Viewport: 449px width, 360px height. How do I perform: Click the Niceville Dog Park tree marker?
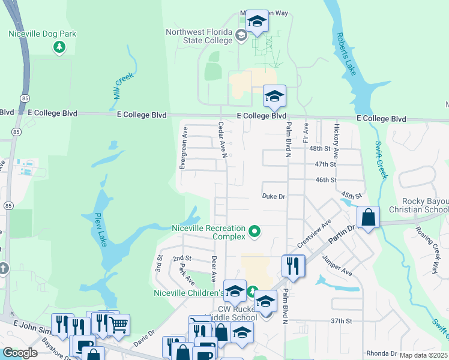[59, 46]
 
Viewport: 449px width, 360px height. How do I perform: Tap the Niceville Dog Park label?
[42, 34]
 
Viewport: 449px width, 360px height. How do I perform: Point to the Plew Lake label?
[99, 229]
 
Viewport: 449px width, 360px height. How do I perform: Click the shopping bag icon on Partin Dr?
[369, 217]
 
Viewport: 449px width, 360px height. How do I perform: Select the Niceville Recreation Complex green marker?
[255, 230]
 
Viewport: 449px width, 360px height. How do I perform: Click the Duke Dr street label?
[274, 196]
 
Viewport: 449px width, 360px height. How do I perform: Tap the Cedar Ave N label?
[222, 140]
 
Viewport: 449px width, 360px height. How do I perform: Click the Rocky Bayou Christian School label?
[418, 205]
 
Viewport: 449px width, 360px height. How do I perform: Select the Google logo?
[20, 352]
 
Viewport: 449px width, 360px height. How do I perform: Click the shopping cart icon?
[118, 325]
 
